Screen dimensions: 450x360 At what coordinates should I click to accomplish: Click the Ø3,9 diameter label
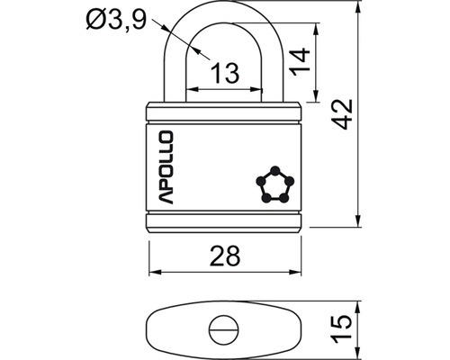[116, 21]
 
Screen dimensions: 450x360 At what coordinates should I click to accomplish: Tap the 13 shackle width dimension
[225, 73]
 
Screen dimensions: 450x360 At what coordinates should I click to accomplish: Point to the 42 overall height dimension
[342, 114]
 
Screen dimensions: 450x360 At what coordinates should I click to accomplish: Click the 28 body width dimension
[225, 256]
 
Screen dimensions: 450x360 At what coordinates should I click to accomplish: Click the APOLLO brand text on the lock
[166, 167]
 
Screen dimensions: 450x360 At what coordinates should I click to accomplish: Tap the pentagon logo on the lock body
[275, 184]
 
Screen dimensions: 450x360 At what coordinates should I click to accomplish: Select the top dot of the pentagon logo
[275, 171]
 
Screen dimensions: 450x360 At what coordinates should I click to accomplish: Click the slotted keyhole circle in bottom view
[224, 330]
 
